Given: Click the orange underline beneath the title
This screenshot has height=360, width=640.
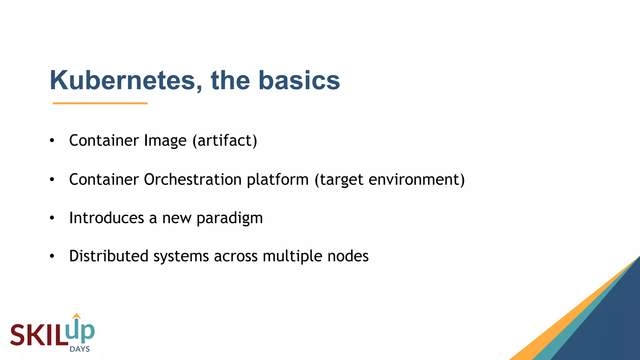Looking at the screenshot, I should click(100, 103).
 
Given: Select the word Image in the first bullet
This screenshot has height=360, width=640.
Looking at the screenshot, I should click(165, 141).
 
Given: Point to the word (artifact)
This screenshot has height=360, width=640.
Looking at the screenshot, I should click(225, 141).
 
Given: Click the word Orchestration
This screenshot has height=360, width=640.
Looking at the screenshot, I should click(192, 180).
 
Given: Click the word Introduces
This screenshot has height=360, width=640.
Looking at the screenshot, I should click(106, 218).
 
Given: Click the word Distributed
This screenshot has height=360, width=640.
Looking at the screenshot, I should click(108, 256).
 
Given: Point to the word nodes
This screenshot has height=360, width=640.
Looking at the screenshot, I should click(348, 256).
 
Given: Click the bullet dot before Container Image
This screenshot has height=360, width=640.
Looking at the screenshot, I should click(52, 141).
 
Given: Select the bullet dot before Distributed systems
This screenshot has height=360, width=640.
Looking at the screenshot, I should click(52, 256).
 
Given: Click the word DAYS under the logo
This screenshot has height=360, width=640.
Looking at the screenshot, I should click(80, 349).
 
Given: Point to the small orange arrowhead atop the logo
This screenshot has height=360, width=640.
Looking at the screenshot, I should click(76, 316).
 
